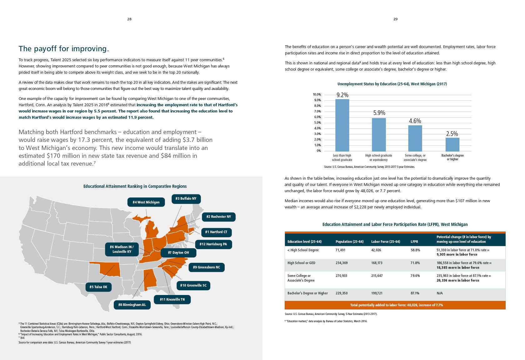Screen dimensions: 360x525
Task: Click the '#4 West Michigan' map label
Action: pyautogui.click(x=146, y=202)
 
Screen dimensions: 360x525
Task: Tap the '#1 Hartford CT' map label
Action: pyautogui.click(x=216, y=232)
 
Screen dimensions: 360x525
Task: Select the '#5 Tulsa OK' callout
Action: pyautogui.click(x=98, y=287)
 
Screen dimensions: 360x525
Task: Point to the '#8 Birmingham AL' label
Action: pyautogui.click(x=132, y=305)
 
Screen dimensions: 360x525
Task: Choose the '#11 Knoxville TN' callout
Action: pyautogui.click(x=172, y=299)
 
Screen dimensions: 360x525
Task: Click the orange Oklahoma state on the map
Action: pyautogui.click(x=109, y=270)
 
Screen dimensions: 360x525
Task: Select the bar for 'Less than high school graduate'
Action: pyautogui.click(x=342, y=125)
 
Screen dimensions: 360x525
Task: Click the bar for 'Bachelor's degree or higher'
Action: pyautogui.click(x=452, y=144)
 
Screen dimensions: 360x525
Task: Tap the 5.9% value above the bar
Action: pyautogui.click(x=379, y=113)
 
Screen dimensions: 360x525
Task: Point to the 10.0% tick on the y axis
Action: pyautogui.click(x=317, y=94)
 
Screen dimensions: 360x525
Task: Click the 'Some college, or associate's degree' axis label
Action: pyautogui.click(x=415, y=157)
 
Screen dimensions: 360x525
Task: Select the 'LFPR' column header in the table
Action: pyautogui.click(x=414, y=242)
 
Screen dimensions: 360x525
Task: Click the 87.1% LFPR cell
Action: pyautogui.click(x=415, y=293)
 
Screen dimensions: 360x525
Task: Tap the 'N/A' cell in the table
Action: pyautogui.click(x=440, y=293)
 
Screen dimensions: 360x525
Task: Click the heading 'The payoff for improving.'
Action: pyautogui.click(x=64, y=49)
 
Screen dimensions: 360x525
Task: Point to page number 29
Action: pyautogui.click(x=395, y=19)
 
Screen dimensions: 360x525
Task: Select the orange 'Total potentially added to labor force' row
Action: pyautogui.click(x=395, y=305)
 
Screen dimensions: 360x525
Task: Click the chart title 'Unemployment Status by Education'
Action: pyautogui.click(x=392, y=84)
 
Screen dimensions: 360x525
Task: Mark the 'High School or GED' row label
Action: pyautogui.click(x=301, y=263)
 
